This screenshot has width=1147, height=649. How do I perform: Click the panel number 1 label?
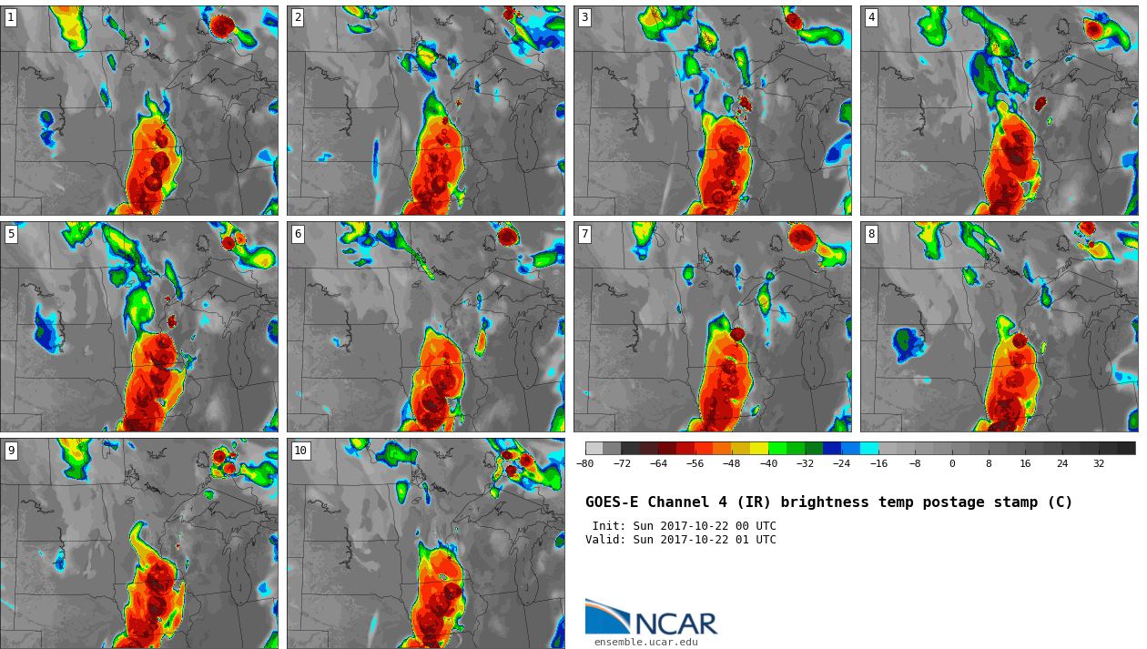click(11, 18)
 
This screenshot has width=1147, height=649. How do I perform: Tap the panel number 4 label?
click(871, 18)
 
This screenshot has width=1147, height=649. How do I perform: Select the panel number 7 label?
click(584, 235)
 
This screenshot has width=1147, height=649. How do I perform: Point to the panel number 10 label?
click(300, 451)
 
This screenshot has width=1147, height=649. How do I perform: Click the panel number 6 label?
click(298, 235)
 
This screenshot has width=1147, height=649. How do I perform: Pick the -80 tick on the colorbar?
click(584, 463)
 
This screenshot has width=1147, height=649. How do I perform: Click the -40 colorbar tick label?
click(768, 463)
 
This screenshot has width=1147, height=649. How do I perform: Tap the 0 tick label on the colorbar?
click(952, 463)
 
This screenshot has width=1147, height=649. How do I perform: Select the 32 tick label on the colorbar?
click(1099, 463)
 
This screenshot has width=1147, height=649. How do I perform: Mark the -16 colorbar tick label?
click(878, 463)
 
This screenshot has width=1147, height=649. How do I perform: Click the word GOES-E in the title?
click(612, 502)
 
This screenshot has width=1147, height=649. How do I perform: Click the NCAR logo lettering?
click(676, 624)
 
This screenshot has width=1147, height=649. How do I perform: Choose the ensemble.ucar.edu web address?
click(645, 642)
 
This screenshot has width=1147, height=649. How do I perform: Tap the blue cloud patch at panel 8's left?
click(908, 344)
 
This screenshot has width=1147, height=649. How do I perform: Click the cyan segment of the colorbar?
click(869, 449)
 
